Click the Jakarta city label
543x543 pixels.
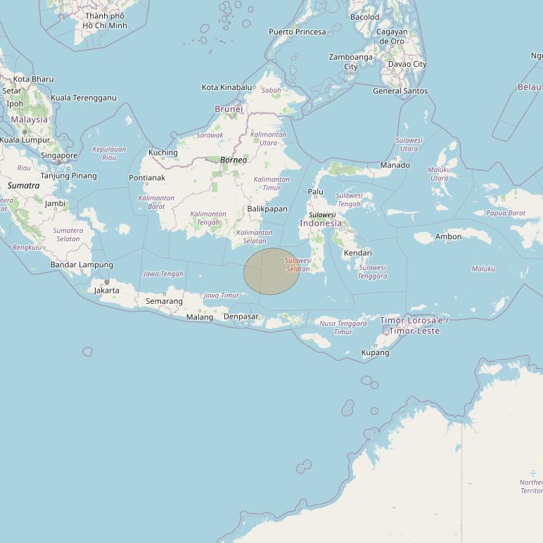point(106,290)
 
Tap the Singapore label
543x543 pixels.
point(59,155)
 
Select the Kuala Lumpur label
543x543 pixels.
point(25,140)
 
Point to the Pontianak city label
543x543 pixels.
point(147,178)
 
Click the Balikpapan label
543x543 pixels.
point(267,209)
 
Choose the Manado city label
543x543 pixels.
point(395,165)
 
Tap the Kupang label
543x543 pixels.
point(375,352)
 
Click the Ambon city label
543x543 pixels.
point(448,237)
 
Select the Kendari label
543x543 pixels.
point(358,253)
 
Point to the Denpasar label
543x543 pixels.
point(241,317)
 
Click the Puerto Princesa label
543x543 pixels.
point(298,32)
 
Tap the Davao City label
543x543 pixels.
point(407,64)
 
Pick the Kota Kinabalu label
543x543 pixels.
point(226,87)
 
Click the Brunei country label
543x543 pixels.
point(229,109)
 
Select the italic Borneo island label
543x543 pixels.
point(234,160)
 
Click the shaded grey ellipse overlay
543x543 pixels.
point(271,271)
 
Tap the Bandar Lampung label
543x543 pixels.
point(82,264)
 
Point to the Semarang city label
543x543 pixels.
point(164,301)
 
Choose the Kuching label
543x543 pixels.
point(163,153)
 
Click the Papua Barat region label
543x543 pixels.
point(506,212)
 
